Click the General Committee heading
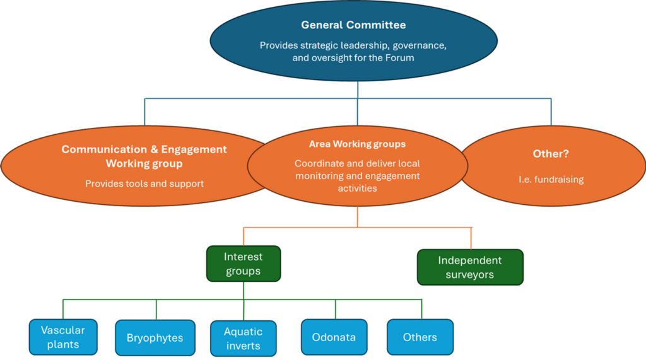tap(353, 25)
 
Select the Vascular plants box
tap(63, 337)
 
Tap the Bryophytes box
tap(155, 338)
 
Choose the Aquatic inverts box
tap(244, 338)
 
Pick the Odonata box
tap(334, 337)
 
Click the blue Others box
tap(420, 337)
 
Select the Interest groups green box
tap(244, 264)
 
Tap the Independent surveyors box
tap(470, 267)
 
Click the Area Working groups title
tap(357, 144)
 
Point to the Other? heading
tap(551, 153)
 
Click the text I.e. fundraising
tap(551, 180)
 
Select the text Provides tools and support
tap(144, 183)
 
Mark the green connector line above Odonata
tap(336, 309)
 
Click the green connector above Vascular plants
tap(63, 309)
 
